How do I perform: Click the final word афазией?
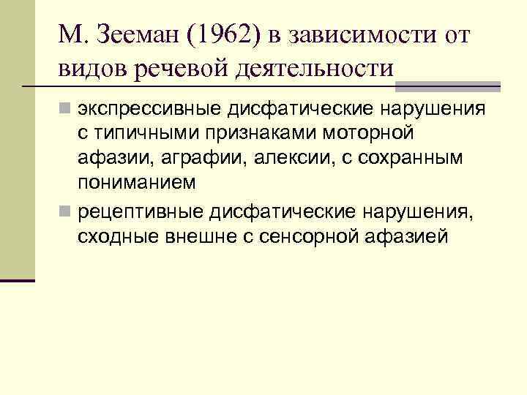(x=405, y=236)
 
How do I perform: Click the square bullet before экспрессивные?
(x=65, y=110)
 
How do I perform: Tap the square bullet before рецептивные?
(x=65, y=212)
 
